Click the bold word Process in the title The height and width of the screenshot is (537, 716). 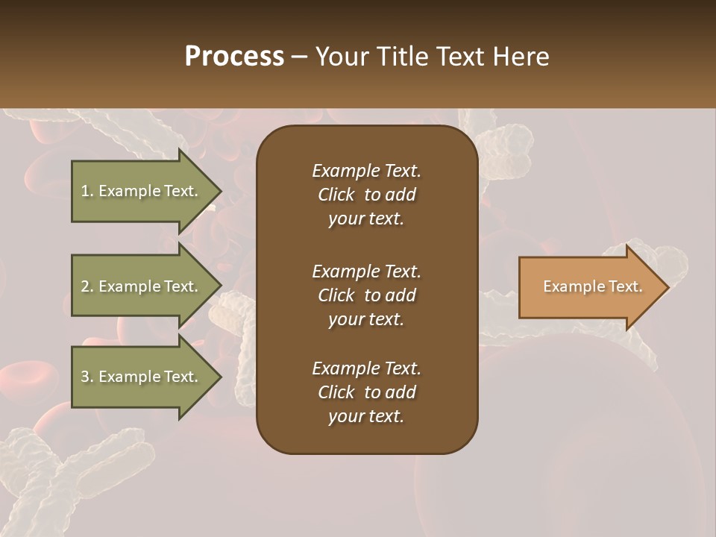(x=234, y=57)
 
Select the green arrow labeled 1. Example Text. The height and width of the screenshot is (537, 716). (x=142, y=191)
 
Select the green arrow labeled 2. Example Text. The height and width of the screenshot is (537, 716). (x=142, y=286)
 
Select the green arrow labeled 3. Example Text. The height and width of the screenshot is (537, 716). (x=142, y=377)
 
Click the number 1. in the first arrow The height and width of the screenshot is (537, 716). (x=87, y=191)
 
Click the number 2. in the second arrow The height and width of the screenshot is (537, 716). (x=87, y=286)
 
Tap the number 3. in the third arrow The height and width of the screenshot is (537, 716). (x=87, y=377)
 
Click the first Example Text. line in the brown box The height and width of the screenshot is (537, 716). (x=366, y=171)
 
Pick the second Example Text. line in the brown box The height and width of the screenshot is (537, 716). (x=366, y=271)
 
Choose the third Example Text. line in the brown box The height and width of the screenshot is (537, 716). (x=366, y=368)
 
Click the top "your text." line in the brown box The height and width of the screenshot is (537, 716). (x=366, y=219)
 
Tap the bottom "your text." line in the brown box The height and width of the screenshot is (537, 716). (x=366, y=416)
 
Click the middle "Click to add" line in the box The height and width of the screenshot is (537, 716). (x=366, y=295)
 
